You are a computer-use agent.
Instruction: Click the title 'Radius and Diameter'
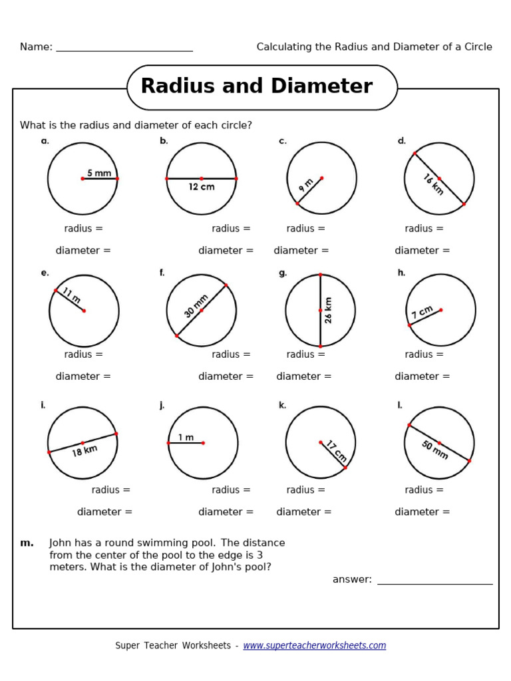[x=256, y=86]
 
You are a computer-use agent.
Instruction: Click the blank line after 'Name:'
[x=124, y=48]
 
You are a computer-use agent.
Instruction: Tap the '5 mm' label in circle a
[x=99, y=173]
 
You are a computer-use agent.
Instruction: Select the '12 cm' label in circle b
[x=202, y=187]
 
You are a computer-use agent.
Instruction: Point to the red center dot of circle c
[x=322, y=178]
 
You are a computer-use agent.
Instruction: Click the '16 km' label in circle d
[x=432, y=184]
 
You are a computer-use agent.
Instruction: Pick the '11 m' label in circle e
[x=71, y=295]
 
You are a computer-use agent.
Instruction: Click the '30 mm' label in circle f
[x=196, y=305]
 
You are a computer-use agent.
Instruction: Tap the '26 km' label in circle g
[x=328, y=310]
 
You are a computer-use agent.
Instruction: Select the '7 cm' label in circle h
[x=423, y=312]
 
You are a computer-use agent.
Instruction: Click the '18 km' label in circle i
[x=85, y=450]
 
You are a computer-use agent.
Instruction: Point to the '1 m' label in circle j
[x=186, y=437]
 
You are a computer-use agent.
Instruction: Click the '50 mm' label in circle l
[x=434, y=450]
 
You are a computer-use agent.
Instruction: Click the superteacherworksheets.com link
[x=314, y=646]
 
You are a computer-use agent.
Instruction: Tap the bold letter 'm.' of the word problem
[x=27, y=543]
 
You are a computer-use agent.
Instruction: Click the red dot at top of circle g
[x=320, y=274]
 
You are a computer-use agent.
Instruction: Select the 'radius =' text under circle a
[x=84, y=229]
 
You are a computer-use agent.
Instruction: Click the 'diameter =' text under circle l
[x=423, y=512]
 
